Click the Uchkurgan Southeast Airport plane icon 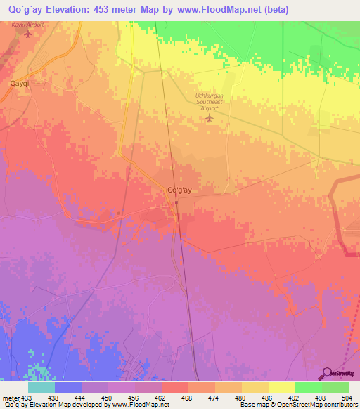tap(209, 117)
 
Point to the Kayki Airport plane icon tap(28, 34)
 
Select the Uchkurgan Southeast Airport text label tap(209, 100)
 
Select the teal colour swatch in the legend tap(41, 387)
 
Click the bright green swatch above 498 tap(308, 387)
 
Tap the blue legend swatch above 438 tap(68, 387)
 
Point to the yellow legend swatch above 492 tap(281, 387)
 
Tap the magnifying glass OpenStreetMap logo tap(327, 373)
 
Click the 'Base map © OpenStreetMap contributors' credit tap(297, 405)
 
